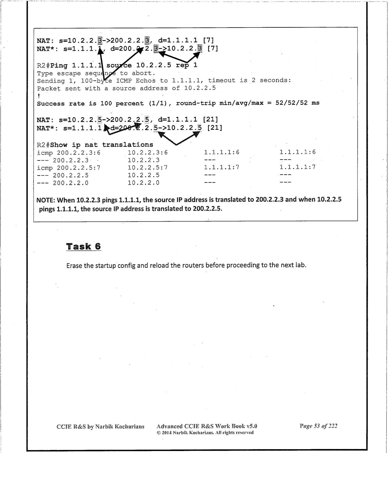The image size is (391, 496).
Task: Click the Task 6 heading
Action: click(x=84, y=246)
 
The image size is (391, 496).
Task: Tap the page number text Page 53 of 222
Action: click(x=318, y=426)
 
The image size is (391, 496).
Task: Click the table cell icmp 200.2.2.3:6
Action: click(x=69, y=153)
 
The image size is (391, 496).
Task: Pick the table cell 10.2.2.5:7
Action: click(x=148, y=167)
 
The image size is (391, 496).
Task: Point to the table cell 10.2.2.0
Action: click(x=143, y=183)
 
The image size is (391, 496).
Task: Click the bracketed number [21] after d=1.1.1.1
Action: click(x=210, y=120)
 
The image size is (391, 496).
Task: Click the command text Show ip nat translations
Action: click(x=102, y=145)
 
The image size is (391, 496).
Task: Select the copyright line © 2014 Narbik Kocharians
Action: click(x=205, y=433)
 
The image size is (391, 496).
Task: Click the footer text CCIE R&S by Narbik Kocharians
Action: click(x=100, y=427)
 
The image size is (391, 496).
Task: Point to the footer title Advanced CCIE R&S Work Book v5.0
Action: click(x=207, y=426)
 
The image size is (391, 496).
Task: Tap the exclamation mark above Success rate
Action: click(x=39, y=96)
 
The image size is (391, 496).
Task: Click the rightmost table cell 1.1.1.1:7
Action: click(x=297, y=167)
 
